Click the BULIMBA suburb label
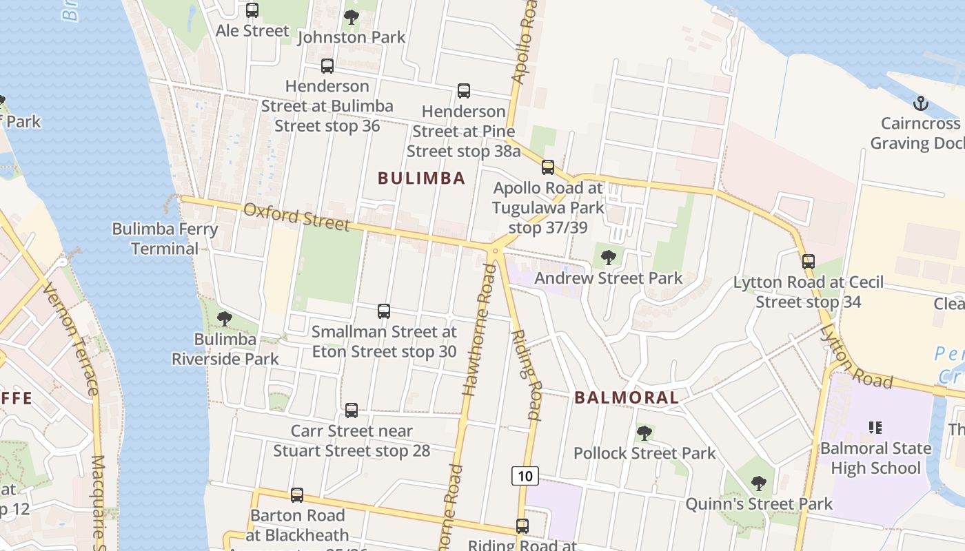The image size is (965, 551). coord(421,178)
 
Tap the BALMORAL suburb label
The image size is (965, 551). coord(627,397)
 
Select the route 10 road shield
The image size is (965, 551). coord(525,475)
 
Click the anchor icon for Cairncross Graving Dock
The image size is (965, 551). coord(920,104)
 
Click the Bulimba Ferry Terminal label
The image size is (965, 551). coord(165,238)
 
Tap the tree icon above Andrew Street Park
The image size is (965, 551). coord(608,258)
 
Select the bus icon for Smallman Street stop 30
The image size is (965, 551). coord(384,311)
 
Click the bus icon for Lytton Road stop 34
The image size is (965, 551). coord(809,262)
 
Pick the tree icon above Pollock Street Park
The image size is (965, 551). coord(644,433)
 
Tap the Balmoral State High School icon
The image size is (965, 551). coord(875,428)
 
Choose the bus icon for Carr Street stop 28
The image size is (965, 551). coord(352,410)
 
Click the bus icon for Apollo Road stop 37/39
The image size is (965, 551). coord(548,167)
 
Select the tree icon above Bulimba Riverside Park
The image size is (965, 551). coord(224,318)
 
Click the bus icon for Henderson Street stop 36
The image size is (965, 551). coord(327,66)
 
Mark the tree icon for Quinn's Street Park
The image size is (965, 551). coord(759,484)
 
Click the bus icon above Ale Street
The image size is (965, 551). coord(252,10)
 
